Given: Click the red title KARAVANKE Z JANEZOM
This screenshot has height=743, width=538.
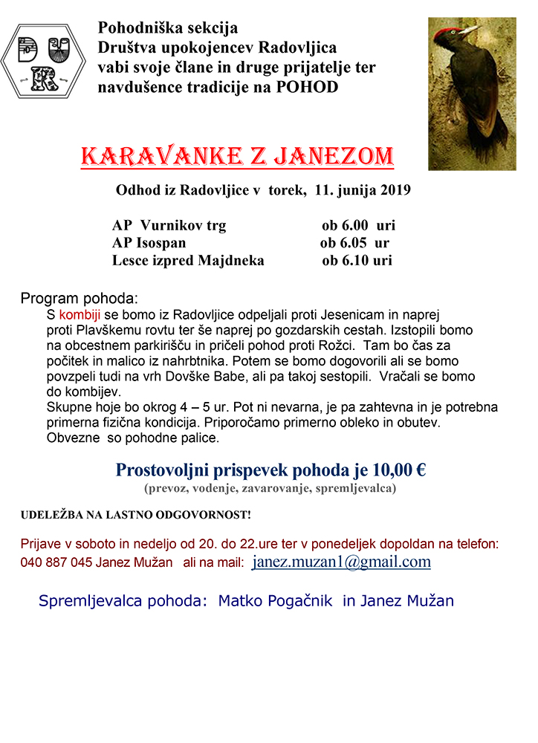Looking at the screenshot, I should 237,157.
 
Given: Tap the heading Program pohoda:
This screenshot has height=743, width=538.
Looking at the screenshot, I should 80,299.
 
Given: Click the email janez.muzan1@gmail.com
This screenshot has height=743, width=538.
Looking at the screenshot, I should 341,562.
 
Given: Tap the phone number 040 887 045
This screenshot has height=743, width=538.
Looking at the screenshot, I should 56,562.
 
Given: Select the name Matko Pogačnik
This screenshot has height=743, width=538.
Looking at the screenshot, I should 276,600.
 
